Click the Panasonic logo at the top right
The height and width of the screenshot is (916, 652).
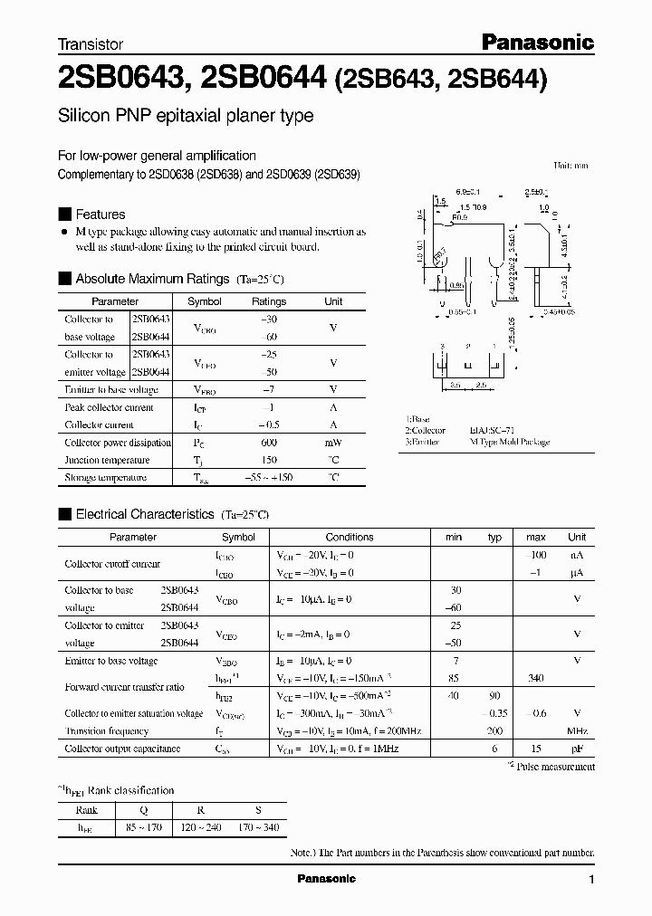coord(536,42)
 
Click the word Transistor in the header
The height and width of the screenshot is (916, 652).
coord(91,43)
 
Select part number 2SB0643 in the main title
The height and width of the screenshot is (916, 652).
coord(120,81)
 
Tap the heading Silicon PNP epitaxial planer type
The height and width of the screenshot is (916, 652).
coord(186,116)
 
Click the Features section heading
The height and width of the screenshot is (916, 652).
coord(100,215)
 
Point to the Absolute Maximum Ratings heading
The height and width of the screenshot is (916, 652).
coord(153,279)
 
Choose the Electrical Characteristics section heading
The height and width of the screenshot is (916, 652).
coord(144,514)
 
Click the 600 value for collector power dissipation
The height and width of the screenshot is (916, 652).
coord(268,443)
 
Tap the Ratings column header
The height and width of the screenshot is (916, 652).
coord(268,301)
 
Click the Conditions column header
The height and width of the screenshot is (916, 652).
coord(350,537)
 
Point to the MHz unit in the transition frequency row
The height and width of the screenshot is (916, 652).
coord(577,730)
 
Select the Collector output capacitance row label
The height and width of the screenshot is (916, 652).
coord(122,749)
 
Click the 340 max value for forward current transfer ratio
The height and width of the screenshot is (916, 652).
coord(536,679)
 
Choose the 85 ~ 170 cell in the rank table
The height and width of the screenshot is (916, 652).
coord(142,828)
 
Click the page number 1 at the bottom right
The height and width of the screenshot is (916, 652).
coord(592,880)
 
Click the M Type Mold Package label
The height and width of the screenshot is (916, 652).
coord(510,442)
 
